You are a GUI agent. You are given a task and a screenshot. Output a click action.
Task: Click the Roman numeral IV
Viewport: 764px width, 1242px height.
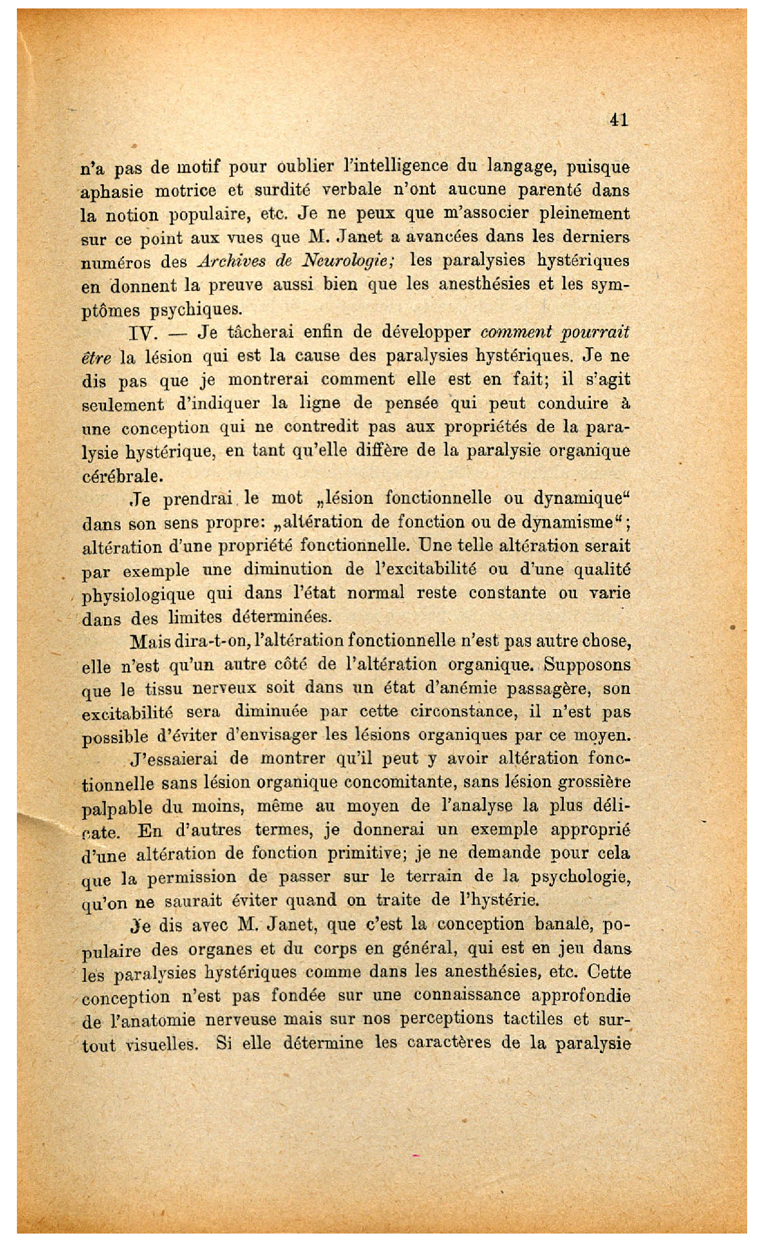pyautogui.click(x=141, y=333)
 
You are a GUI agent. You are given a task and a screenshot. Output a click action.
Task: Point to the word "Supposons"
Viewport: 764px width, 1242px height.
pyautogui.click(x=587, y=665)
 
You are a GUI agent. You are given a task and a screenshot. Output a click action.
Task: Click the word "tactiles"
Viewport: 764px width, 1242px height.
pyautogui.click(x=537, y=1020)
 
